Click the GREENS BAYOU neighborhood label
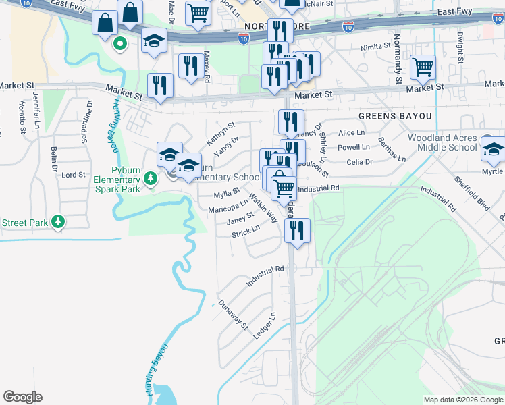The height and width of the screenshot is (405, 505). point(395,116)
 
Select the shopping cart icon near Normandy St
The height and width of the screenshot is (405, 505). point(423,67)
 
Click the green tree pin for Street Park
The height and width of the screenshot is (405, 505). point(59,221)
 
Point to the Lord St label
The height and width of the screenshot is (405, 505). point(73,175)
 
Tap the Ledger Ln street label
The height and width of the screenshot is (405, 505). point(265,325)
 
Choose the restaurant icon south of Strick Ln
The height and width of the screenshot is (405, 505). point(297,231)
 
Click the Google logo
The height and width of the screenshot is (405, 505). point(22,397)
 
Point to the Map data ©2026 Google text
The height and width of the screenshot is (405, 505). point(462,400)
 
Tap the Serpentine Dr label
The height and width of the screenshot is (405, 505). point(88,115)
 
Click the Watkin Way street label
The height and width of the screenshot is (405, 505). point(263,208)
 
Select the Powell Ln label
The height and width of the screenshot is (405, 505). point(354,147)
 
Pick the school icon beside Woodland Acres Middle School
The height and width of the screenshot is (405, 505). point(494,150)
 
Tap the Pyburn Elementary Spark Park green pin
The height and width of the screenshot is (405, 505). point(151,179)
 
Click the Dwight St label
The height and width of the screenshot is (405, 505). point(460,48)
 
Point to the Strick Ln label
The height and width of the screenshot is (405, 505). point(246,232)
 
